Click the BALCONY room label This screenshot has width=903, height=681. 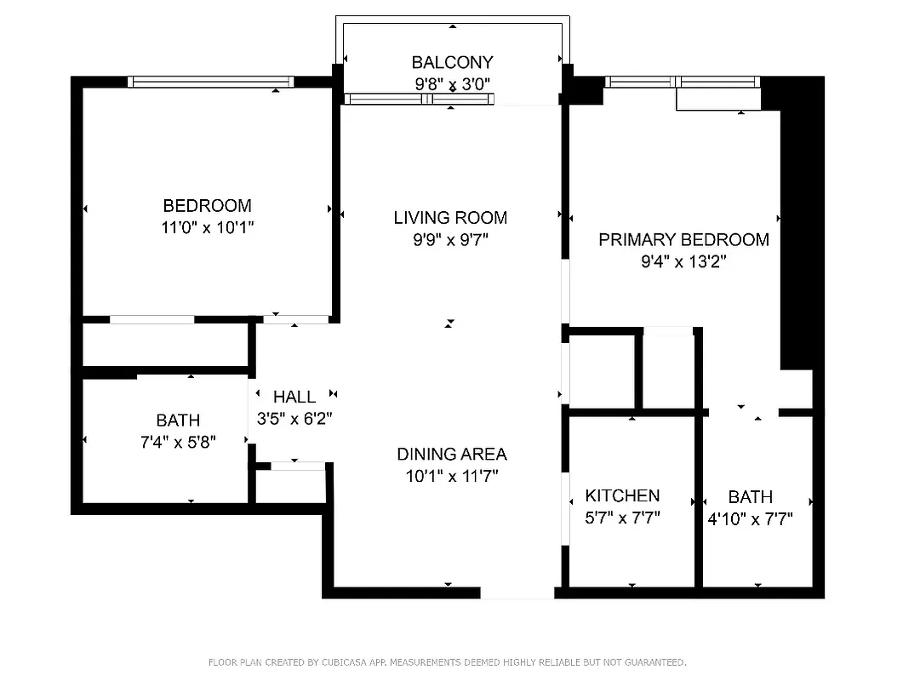point(452,62)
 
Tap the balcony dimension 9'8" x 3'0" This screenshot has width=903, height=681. point(452,83)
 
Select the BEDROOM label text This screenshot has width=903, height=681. point(207,205)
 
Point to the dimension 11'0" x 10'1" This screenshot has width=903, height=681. point(207,227)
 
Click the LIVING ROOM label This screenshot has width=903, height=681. point(450,217)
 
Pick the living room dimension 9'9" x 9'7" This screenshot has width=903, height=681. point(450,240)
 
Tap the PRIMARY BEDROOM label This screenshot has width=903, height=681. point(683,239)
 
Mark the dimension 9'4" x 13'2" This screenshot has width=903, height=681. point(683,262)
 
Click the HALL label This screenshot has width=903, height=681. point(294,397)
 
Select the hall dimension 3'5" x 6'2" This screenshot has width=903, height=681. point(294,419)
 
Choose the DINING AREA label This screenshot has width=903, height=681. point(451,454)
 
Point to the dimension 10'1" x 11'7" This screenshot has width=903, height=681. point(451,477)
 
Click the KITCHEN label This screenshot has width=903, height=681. point(622,495)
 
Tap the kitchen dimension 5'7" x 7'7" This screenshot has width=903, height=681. point(622,518)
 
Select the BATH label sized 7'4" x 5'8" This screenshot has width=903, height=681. point(178,420)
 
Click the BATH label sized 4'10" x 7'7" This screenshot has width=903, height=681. point(751,496)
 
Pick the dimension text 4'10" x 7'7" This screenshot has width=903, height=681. point(750,518)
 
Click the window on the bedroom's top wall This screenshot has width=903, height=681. point(210,82)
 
